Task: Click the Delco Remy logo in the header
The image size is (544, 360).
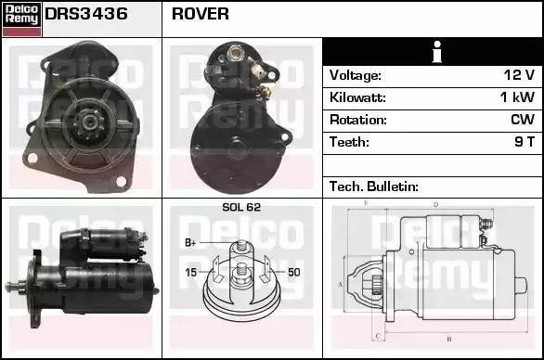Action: point(21,19)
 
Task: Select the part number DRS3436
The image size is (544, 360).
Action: point(86,14)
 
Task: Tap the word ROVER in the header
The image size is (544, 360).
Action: point(201,14)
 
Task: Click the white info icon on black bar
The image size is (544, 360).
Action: point(437,52)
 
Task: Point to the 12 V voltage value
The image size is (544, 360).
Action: point(519,75)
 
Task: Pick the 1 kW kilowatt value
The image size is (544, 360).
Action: point(517,97)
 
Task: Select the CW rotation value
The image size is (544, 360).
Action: point(523,120)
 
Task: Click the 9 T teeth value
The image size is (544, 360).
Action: point(525,142)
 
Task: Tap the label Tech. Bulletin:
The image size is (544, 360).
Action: point(374,186)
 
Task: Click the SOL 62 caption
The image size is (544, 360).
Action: point(241,207)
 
